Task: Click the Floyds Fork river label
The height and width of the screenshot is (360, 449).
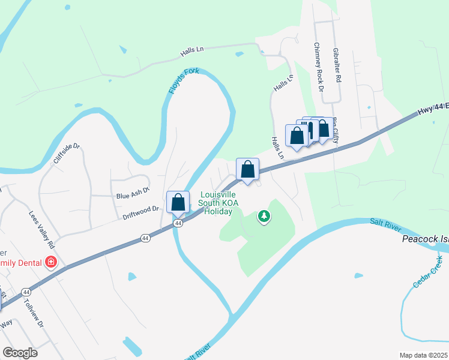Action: click(x=180, y=88)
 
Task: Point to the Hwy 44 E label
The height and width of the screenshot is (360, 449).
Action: click(x=432, y=109)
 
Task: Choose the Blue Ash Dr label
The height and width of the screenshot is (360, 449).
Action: click(x=131, y=196)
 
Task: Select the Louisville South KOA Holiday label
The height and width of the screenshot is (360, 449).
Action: click(x=218, y=203)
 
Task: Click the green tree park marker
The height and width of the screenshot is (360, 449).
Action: click(x=264, y=216)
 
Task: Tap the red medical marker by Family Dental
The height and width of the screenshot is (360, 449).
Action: click(x=52, y=262)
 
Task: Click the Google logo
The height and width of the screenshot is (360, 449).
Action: click(x=20, y=352)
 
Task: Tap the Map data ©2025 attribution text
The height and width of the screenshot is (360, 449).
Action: click(x=423, y=355)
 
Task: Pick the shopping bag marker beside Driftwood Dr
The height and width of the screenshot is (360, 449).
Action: click(x=178, y=202)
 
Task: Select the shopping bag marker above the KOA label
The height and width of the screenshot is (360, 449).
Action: click(x=247, y=169)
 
